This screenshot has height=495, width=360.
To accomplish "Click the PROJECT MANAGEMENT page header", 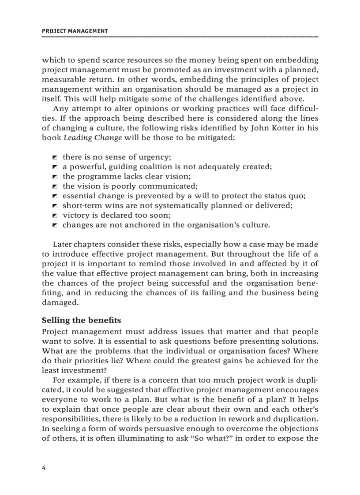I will [x=75, y=31].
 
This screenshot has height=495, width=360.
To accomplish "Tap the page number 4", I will [x=44, y=468].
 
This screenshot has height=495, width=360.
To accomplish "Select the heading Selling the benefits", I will [x=81, y=320].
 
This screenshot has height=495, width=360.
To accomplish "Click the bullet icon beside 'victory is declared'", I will [x=55, y=216].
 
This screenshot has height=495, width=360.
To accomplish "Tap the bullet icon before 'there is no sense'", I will [x=55, y=157].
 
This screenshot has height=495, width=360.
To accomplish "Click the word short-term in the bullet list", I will [x=81, y=205].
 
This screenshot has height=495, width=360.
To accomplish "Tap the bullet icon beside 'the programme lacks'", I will [x=55, y=177].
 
